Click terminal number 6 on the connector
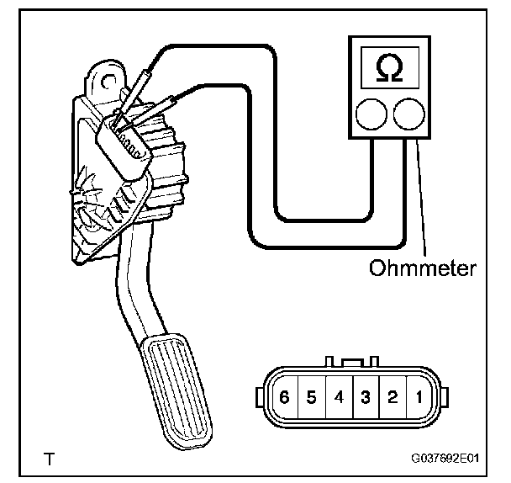click(285, 396)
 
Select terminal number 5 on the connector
click(311, 396)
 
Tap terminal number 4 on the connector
click(338, 396)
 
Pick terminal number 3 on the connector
click(365, 396)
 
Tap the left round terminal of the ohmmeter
click(371, 115)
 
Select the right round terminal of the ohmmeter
click(408, 115)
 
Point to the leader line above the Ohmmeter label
click(419, 202)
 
